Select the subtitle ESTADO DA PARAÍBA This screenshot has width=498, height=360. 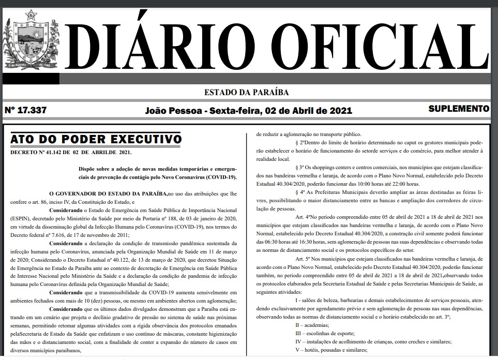247,93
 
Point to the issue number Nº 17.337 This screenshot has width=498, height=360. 26,110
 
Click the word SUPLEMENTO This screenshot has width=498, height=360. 459,109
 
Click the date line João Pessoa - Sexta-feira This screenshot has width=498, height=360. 249,111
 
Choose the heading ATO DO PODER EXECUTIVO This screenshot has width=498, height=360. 96,139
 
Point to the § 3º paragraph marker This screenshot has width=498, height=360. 301,169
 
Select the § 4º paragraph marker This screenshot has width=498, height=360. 301,191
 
